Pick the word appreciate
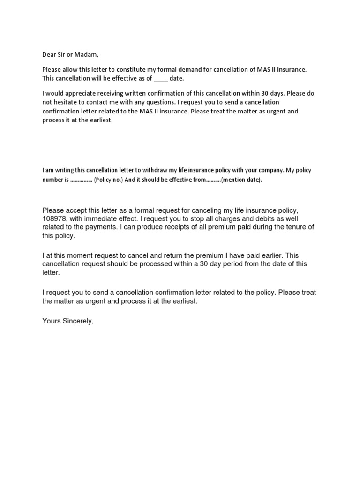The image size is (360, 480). [x=83, y=93]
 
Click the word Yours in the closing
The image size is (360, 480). [x=52, y=322]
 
